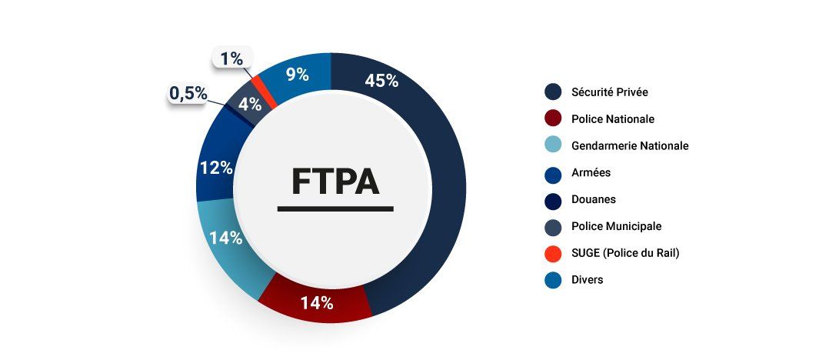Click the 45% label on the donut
click(x=381, y=81)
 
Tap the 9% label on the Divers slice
click(x=297, y=75)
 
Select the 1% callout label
click(x=231, y=58)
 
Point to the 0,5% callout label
click(x=188, y=94)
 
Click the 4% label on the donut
click(x=249, y=104)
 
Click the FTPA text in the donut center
click(x=335, y=182)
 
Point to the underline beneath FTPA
click(x=335, y=208)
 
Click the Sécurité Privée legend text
click(x=610, y=92)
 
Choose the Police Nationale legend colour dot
click(x=552, y=119)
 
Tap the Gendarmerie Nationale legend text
click(x=630, y=145)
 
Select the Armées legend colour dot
click(x=552, y=173)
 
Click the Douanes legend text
click(x=594, y=199)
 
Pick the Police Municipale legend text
click(x=616, y=226)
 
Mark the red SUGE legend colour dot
click(x=552, y=253)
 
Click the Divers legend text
click(x=588, y=280)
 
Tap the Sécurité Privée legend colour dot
click(x=552, y=92)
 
